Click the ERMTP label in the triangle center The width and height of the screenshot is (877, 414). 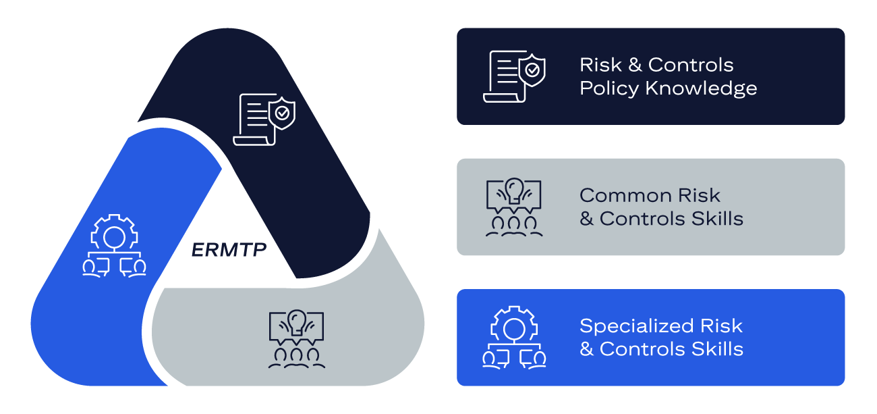click(x=229, y=250)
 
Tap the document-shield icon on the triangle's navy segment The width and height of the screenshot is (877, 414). click(x=264, y=120)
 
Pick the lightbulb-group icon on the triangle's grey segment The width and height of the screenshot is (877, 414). click(x=296, y=339)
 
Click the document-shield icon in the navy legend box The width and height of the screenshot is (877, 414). click(x=514, y=76)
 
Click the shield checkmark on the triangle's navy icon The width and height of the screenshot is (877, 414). click(x=282, y=113)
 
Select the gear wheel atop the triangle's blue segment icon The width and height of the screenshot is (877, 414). click(x=114, y=234)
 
